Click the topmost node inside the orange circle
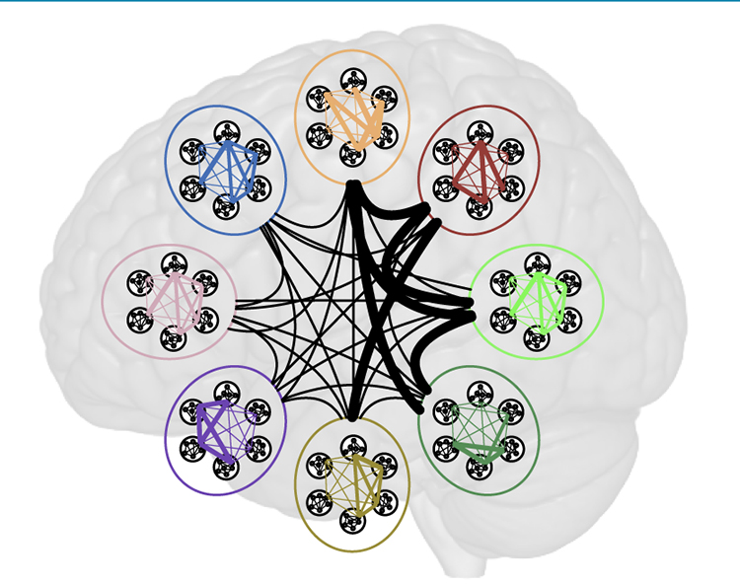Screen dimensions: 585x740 point(352,76)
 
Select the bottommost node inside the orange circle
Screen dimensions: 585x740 point(352,155)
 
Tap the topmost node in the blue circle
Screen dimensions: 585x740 point(227,130)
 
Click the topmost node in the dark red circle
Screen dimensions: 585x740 point(480,131)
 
